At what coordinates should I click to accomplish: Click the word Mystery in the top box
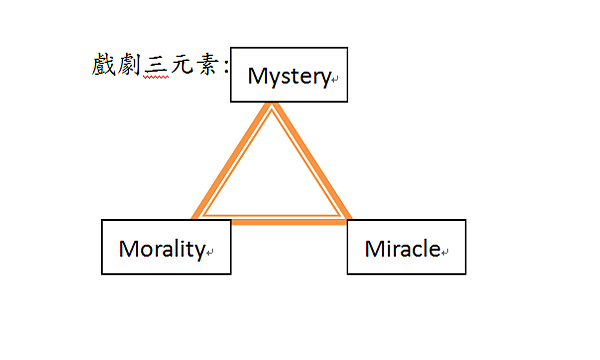[x=288, y=75]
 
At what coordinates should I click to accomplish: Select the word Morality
[x=161, y=248]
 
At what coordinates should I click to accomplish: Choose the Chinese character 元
[x=182, y=67]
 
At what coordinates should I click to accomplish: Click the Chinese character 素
[x=207, y=67]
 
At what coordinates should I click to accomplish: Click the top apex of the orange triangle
[x=270, y=108]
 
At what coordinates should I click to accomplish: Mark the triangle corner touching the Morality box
[x=197, y=217]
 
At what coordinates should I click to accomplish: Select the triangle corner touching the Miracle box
[x=346, y=217]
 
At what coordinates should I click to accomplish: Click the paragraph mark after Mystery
[x=335, y=79]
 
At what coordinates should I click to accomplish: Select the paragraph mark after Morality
[x=210, y=252]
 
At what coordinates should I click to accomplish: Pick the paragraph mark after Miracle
[x=445, y=252]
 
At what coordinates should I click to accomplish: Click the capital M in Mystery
[x=256, y=75]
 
